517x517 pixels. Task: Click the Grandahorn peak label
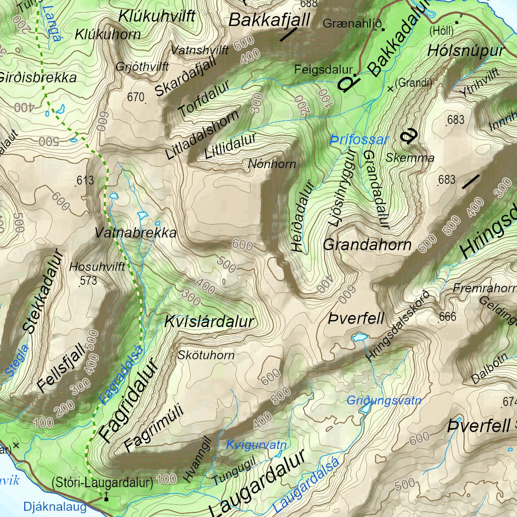367,245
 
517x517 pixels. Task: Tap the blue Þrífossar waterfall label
360,140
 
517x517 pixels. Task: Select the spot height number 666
447,317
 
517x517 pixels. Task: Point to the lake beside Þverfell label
359,336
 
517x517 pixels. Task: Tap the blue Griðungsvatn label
384,401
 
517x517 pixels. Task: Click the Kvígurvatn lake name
256,445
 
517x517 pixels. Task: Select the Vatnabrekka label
136,233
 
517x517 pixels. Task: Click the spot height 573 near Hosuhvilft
88,280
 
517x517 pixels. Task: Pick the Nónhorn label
272,164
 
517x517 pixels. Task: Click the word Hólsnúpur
466,51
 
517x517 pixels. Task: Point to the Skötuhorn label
206,355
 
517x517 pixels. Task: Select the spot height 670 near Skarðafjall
136,97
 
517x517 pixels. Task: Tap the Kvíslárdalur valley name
209,322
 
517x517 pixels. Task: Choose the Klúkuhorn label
108,35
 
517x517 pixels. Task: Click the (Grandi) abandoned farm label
413,82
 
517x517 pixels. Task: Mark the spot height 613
85,181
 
